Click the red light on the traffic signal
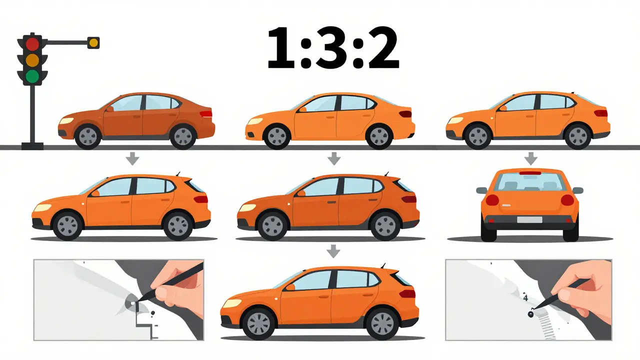[32, 44]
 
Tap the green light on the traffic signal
[32, 76]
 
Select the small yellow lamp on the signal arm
[93, 43]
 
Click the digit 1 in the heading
[281, 48]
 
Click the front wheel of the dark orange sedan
[88, 136]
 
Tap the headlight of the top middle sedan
[255, 121]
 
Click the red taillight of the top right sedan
[600, 113]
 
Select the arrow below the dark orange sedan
[132, 158]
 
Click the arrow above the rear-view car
[531, 158]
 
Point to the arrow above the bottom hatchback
[333, 251]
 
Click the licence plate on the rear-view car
[529, 219]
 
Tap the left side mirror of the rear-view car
[481, 190]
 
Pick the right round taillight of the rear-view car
[567, 200]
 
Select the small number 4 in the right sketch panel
[525, 297]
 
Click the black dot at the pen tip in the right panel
[530, 314]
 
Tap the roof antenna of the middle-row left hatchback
[178, 174]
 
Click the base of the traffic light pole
[32, 146]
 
